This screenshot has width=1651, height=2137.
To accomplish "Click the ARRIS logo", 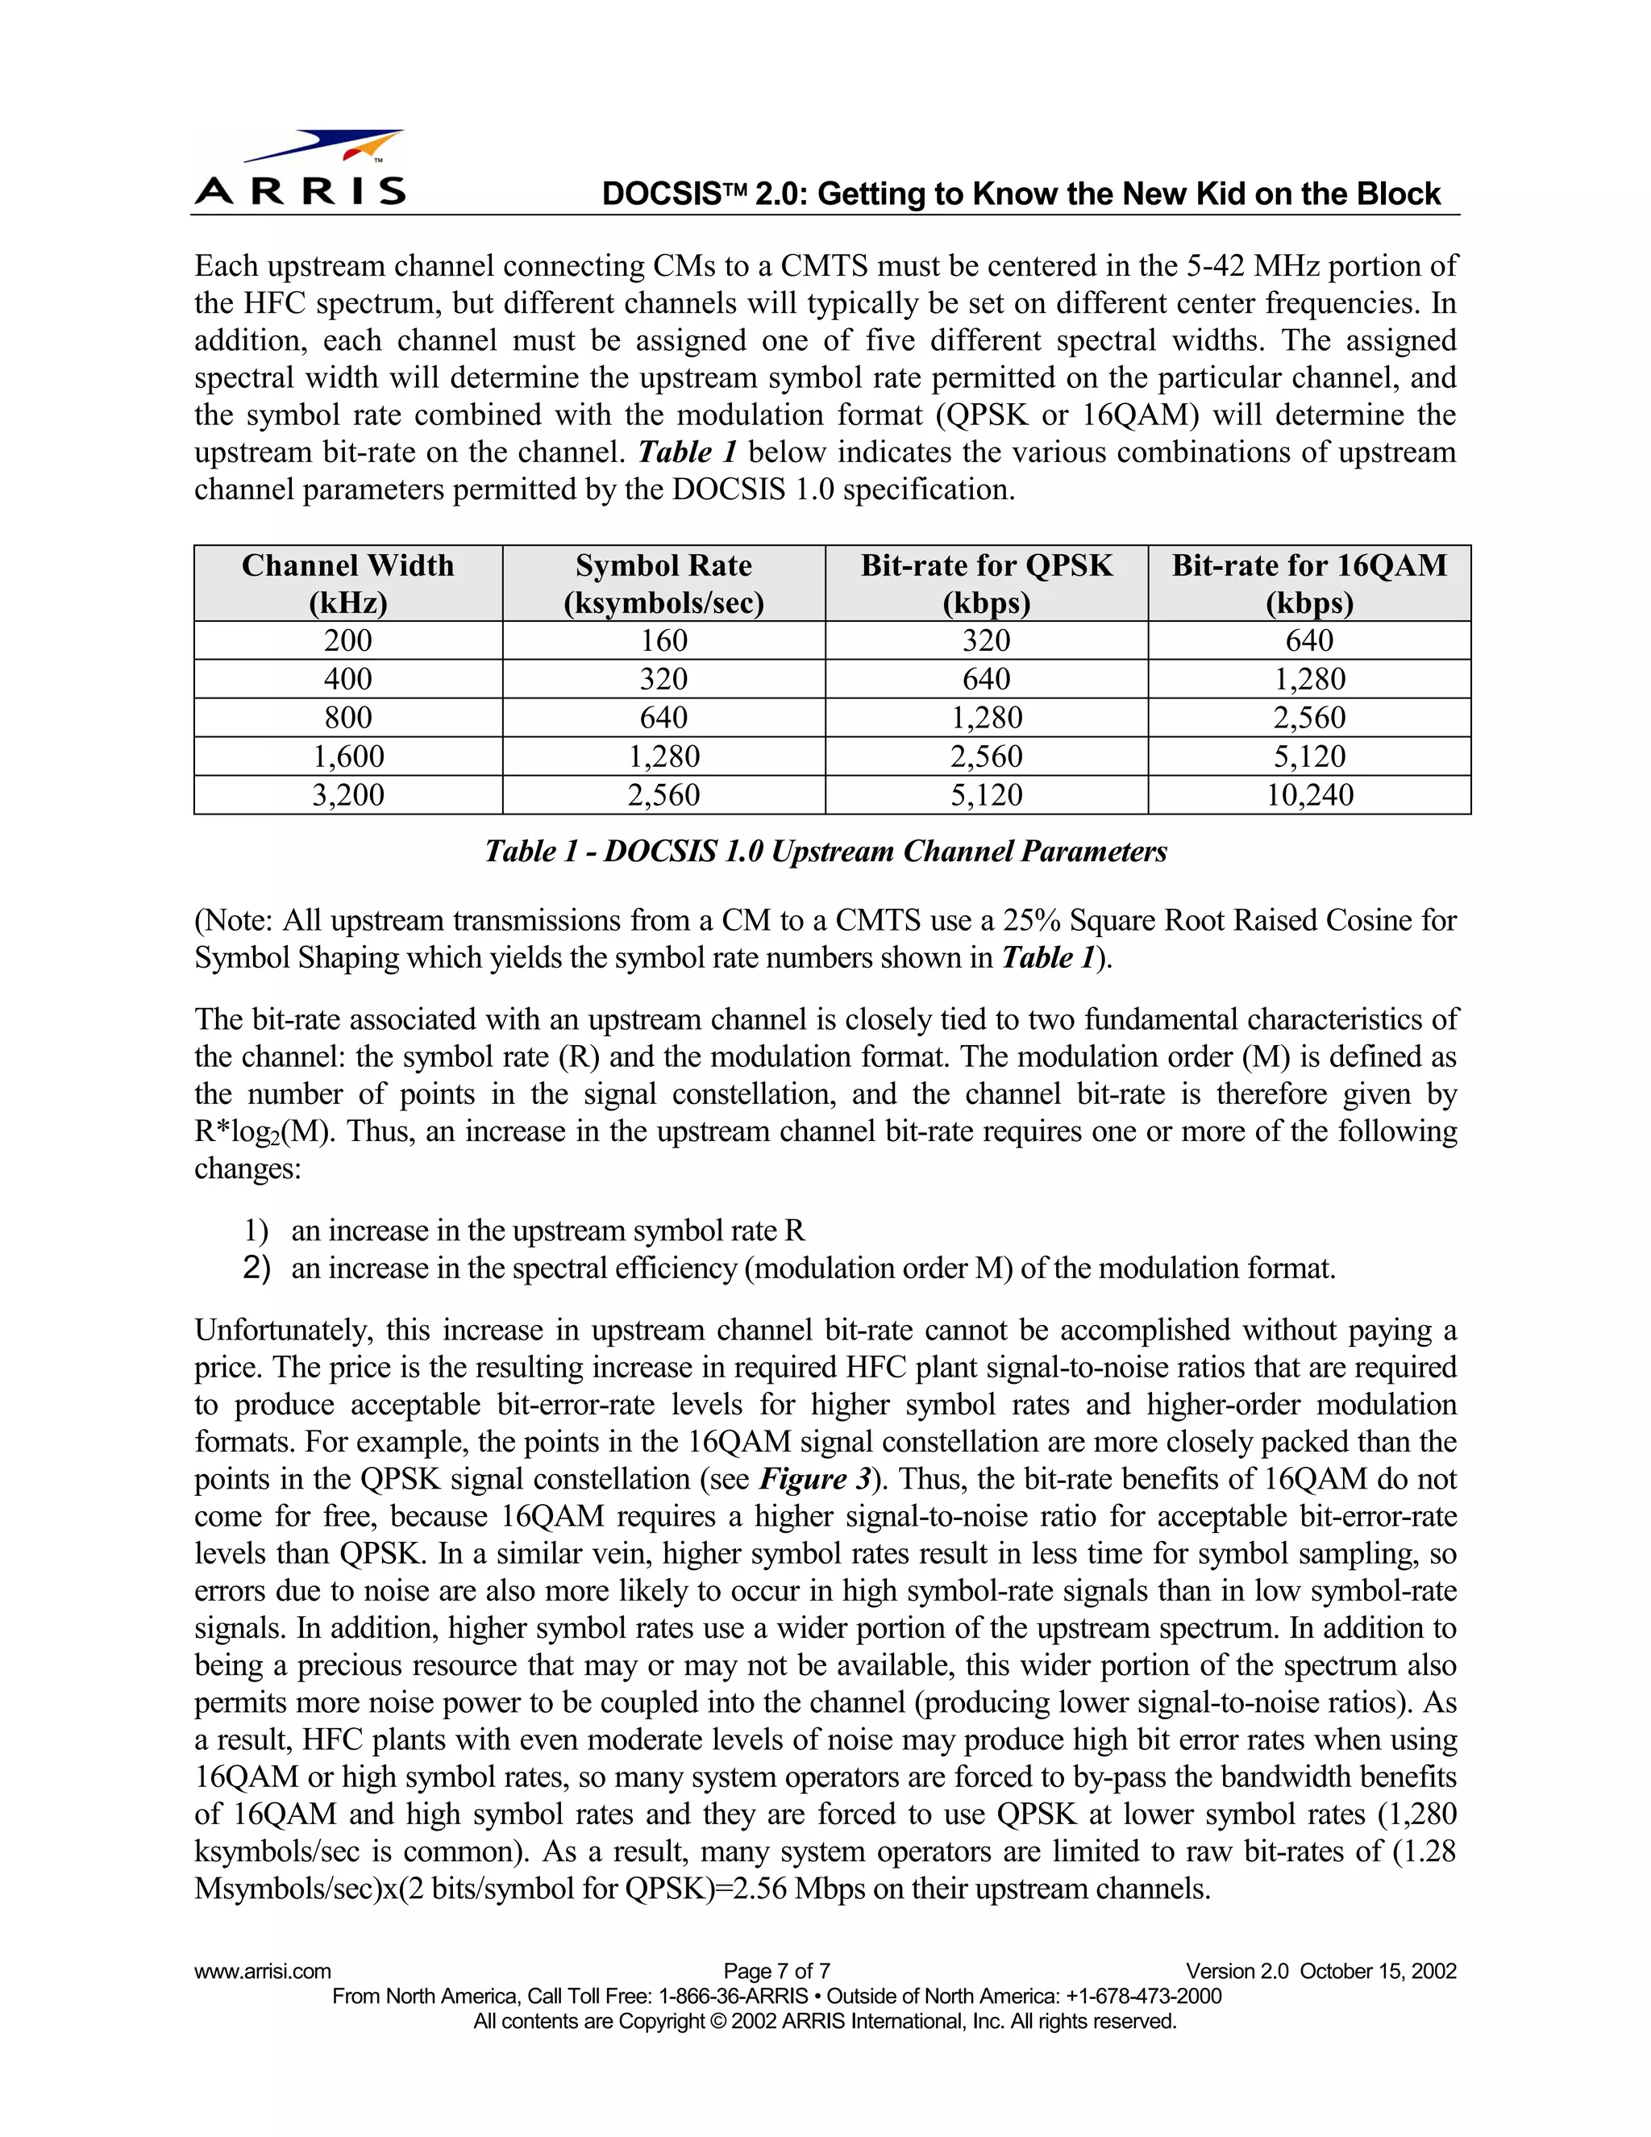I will (x=299, y=169).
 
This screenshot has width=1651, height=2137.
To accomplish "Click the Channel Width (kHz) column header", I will (x=347, y=583).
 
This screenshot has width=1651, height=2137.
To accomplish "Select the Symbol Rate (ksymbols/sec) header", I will (x=663, y=583).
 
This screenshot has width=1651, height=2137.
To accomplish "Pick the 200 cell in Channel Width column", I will (x=347, y=640).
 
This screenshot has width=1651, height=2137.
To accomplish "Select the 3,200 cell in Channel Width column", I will (x=347, y=794).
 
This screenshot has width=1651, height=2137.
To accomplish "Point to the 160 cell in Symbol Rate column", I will (x=663, y=640).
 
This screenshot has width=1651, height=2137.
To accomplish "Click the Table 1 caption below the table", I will (x=825, y=852).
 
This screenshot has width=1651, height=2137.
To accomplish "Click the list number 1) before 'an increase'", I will (x=256, y=1230).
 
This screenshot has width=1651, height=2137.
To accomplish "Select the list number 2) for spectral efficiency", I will (x=256, y=1268).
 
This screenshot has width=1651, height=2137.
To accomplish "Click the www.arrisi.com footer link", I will (x=262, y=1971).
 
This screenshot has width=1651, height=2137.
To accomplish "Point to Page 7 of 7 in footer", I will (x=776, y=1971).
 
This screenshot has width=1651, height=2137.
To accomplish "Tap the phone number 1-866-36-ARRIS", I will (x=734, y=1996).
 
